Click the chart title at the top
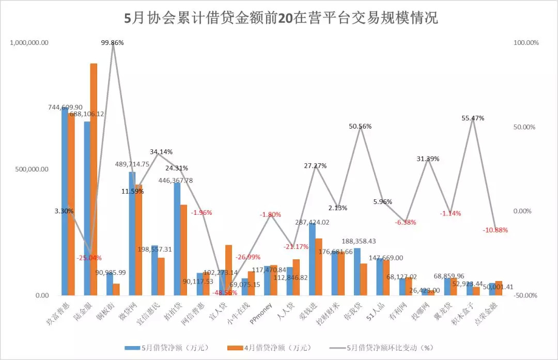pos(282,19)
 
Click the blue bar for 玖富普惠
pos(65,201)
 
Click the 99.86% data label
pos(112,43)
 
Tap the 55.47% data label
pos(473,118)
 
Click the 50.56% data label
pos(360,126)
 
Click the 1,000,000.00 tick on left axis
pos(29,43)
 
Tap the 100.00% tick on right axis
pos(526,43)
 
